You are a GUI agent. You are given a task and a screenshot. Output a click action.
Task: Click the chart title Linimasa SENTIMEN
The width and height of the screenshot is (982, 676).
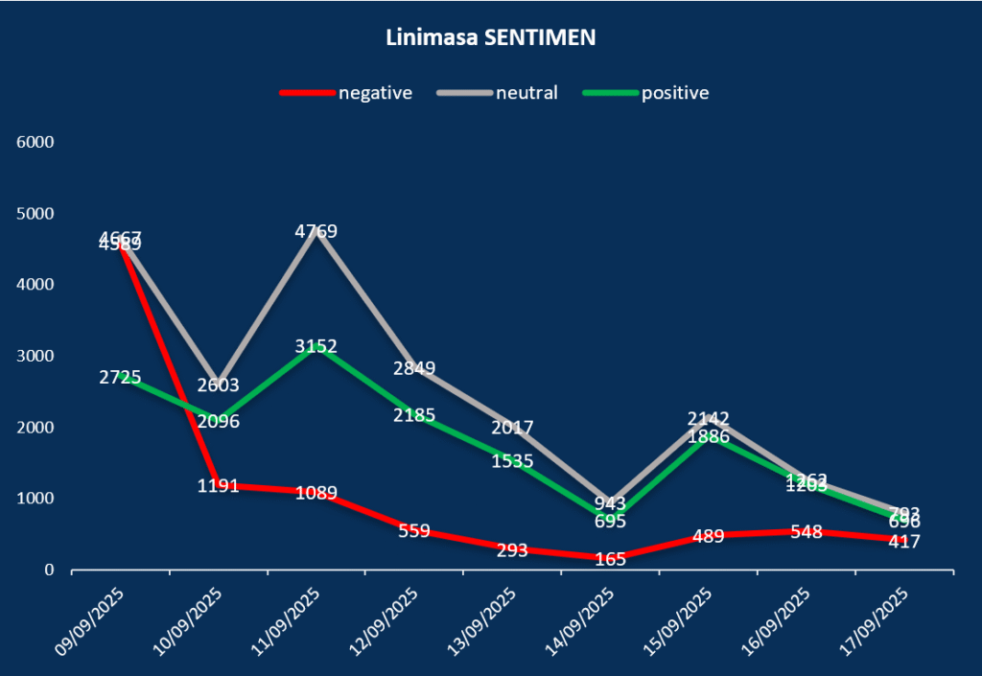pyautogui.click(x=490, y=38)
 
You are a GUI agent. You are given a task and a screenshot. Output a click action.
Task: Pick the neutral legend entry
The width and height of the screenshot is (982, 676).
pyautogui.click(x=526, y=93)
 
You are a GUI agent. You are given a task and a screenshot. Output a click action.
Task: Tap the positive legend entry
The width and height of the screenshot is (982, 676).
pyautogui.click(x=675, y=93)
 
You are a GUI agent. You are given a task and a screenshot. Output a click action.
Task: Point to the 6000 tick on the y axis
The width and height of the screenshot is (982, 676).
pyautogui.click(x=36, y=142)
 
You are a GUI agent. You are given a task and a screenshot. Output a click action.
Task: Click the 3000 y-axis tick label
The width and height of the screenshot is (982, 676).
pyautogui.click(x=36, y=356)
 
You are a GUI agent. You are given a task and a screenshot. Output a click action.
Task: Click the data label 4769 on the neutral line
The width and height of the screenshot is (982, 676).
pyautogui.click(x=316, y=231)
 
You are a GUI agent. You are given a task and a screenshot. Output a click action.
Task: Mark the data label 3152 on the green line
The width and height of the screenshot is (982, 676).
pyautogui.click(x=316, y=346)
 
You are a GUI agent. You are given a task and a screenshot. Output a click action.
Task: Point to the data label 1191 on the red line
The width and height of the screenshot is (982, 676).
pyautogui.click(x=219, y=485)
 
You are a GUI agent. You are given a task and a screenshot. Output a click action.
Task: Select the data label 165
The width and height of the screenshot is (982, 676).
pyautogui.click(x=610, y=558)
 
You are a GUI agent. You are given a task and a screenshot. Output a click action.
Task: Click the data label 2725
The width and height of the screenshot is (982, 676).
pyautogui.click(x=121, y=377)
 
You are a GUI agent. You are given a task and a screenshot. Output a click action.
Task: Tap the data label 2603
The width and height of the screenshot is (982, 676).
pyautogui.click(x=219, y=385)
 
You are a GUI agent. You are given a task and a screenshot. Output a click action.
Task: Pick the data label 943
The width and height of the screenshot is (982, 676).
pyautogui.click(x=610, y=503)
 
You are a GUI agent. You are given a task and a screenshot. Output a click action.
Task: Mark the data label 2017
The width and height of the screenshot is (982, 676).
pyautogui.click(x=512, y=428)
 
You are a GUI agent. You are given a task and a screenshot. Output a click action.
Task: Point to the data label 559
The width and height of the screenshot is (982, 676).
pyautogui.click(x=414, y=530)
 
